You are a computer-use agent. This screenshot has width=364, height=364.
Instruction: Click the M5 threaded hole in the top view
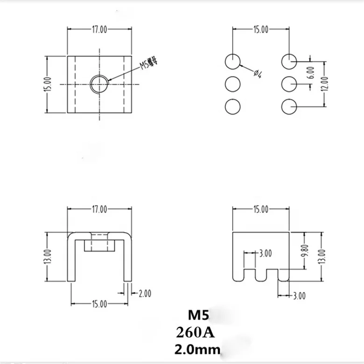(x=98, y=84)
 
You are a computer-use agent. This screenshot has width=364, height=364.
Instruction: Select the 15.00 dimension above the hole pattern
(x=261, y=30)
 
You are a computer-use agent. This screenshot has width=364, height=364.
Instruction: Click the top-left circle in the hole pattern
(x=232, y=61)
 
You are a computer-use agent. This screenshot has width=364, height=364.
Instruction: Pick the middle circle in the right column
(x=289, y=84)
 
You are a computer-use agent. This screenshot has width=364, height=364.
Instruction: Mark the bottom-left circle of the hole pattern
(x=232, y=106)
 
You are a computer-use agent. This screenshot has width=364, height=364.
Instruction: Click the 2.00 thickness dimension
(x=145, y=294)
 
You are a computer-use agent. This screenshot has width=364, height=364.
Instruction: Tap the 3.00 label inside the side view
(x=265, y=253)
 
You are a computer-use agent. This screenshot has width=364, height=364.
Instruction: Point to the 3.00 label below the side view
(x=298, y=295)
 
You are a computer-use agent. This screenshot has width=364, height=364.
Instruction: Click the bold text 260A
(x=193, y=332)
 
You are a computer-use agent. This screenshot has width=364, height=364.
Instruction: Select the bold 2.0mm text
(x=196, y=349)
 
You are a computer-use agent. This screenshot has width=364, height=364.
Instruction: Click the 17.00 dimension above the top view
(x=98, y=30)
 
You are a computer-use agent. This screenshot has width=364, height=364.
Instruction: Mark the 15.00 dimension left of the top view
(x=47, y=84)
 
